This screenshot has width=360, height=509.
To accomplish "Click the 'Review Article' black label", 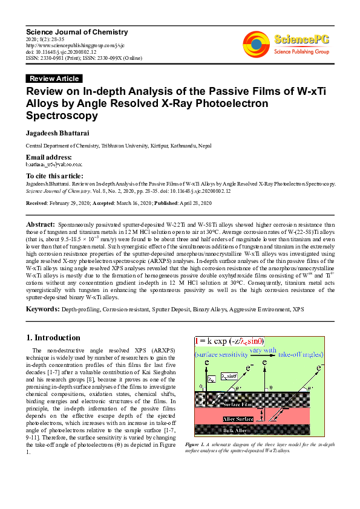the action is click(x=54, y=79).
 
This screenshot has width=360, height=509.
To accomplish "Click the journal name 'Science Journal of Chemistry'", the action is click(x=76, y=31).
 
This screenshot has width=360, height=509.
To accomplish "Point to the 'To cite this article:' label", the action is click(x=53, y=175).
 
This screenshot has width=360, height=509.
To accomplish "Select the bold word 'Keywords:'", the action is click(x=42, y=309).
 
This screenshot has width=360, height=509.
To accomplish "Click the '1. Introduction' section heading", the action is click(x=54, y=337).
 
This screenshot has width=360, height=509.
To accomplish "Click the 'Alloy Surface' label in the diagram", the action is click(x=238, y=418).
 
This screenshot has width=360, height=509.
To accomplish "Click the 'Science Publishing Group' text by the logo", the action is click(x=299, y=53).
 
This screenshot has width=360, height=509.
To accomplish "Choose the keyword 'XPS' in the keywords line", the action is click(x=298, y=310).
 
